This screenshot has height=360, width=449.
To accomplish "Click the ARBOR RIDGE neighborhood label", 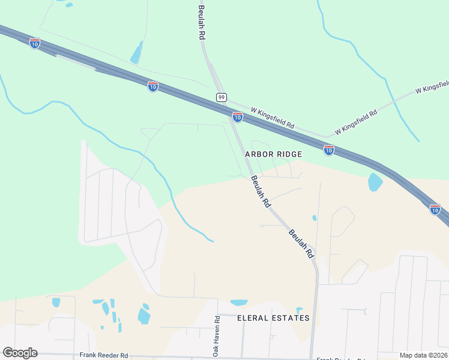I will coord(273,154).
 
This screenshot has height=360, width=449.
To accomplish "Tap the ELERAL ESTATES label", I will coord(274,318).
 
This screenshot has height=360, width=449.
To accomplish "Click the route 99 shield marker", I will coord(222,97).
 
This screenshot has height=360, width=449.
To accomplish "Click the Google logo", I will coord(20,352).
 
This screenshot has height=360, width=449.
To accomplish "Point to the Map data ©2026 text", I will coord(423,355).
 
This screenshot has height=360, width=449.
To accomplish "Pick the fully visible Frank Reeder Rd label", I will coord(104,355).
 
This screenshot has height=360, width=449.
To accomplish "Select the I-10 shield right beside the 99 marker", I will coord(238,116).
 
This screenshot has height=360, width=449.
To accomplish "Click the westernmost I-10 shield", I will coord(35,43).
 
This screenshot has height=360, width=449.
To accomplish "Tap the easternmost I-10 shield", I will coord(435,209).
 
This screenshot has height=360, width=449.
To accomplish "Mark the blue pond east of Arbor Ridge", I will coord(375,182).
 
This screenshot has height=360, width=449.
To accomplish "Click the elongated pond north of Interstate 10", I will coord(137,53).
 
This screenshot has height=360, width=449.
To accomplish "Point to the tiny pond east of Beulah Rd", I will coord(314,218).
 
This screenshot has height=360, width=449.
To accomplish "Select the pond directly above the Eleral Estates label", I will coord(239,302).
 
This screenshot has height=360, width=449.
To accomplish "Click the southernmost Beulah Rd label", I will coord(301,243).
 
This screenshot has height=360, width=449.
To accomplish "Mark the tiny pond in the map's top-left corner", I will coord(69,5).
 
